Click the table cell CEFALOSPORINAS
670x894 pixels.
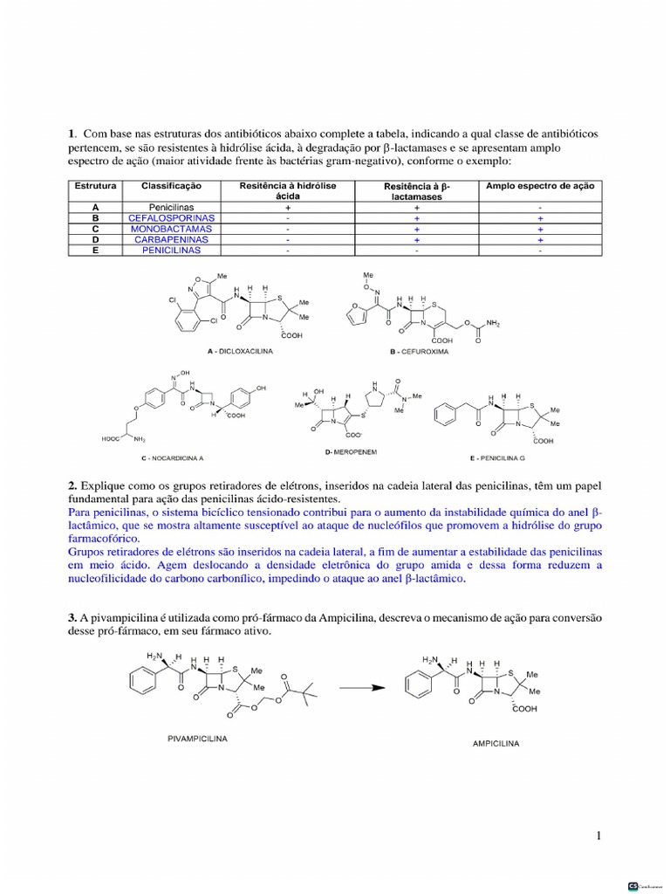[171, 217]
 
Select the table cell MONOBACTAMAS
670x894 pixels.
[171, 229]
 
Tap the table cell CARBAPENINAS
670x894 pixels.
[171, 239]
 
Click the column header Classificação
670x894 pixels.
[171, 187]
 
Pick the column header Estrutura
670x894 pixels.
[95, 187]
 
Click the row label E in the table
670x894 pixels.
[95, 251]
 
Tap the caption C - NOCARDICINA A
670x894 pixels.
[173, 457]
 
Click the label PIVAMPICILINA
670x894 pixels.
[197, 738]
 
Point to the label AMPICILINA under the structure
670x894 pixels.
[495, 744]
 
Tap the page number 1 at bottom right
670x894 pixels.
[598, 836]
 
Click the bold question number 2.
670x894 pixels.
[72, 485]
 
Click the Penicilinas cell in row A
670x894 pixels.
[171, 207]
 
